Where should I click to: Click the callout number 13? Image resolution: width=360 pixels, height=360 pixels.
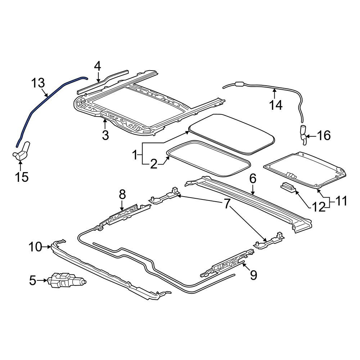coord(38,83)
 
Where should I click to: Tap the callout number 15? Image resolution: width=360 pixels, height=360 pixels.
coord(22,177)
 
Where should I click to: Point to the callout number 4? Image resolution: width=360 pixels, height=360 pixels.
coord(98,66)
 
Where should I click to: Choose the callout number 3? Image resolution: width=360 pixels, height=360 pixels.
coord(105,135)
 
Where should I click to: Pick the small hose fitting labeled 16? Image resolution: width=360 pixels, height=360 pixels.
coord(303,135)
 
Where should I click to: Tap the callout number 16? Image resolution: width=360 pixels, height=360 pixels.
coord(323,135)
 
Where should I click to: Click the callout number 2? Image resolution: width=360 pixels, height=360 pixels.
coord(154,165)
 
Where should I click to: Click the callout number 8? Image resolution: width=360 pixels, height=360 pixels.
coord(122,195)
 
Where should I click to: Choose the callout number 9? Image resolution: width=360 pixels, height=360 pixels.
coord(253,275)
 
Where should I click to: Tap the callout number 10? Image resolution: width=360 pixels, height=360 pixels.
coord(36,247)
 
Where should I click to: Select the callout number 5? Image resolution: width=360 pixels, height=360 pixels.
coord(33,280)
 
